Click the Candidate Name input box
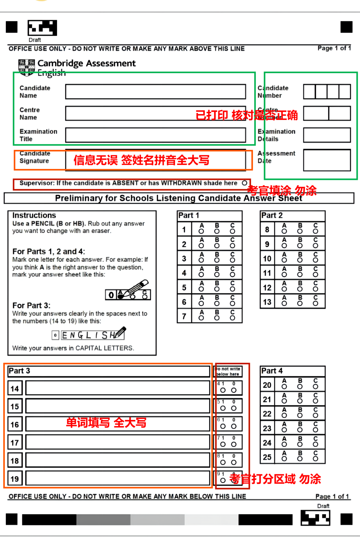point(155,92)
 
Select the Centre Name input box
point(155,113)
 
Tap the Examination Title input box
point(155,135)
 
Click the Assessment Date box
point(327,160)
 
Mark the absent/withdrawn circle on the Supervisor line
point(245,183)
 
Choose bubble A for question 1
point(201,231)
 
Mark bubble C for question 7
point(232,318)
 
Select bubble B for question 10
point(300,260)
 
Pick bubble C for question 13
point(316,304)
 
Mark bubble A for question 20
point(284,387)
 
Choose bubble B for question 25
point(300,459)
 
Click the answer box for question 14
point(118,388)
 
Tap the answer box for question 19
point(118,478)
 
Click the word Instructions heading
point(34,215)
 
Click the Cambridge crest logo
point(27,67)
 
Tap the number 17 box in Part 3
point(15,443)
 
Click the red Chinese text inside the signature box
point(141,160)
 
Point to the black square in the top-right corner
point(346,27)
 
